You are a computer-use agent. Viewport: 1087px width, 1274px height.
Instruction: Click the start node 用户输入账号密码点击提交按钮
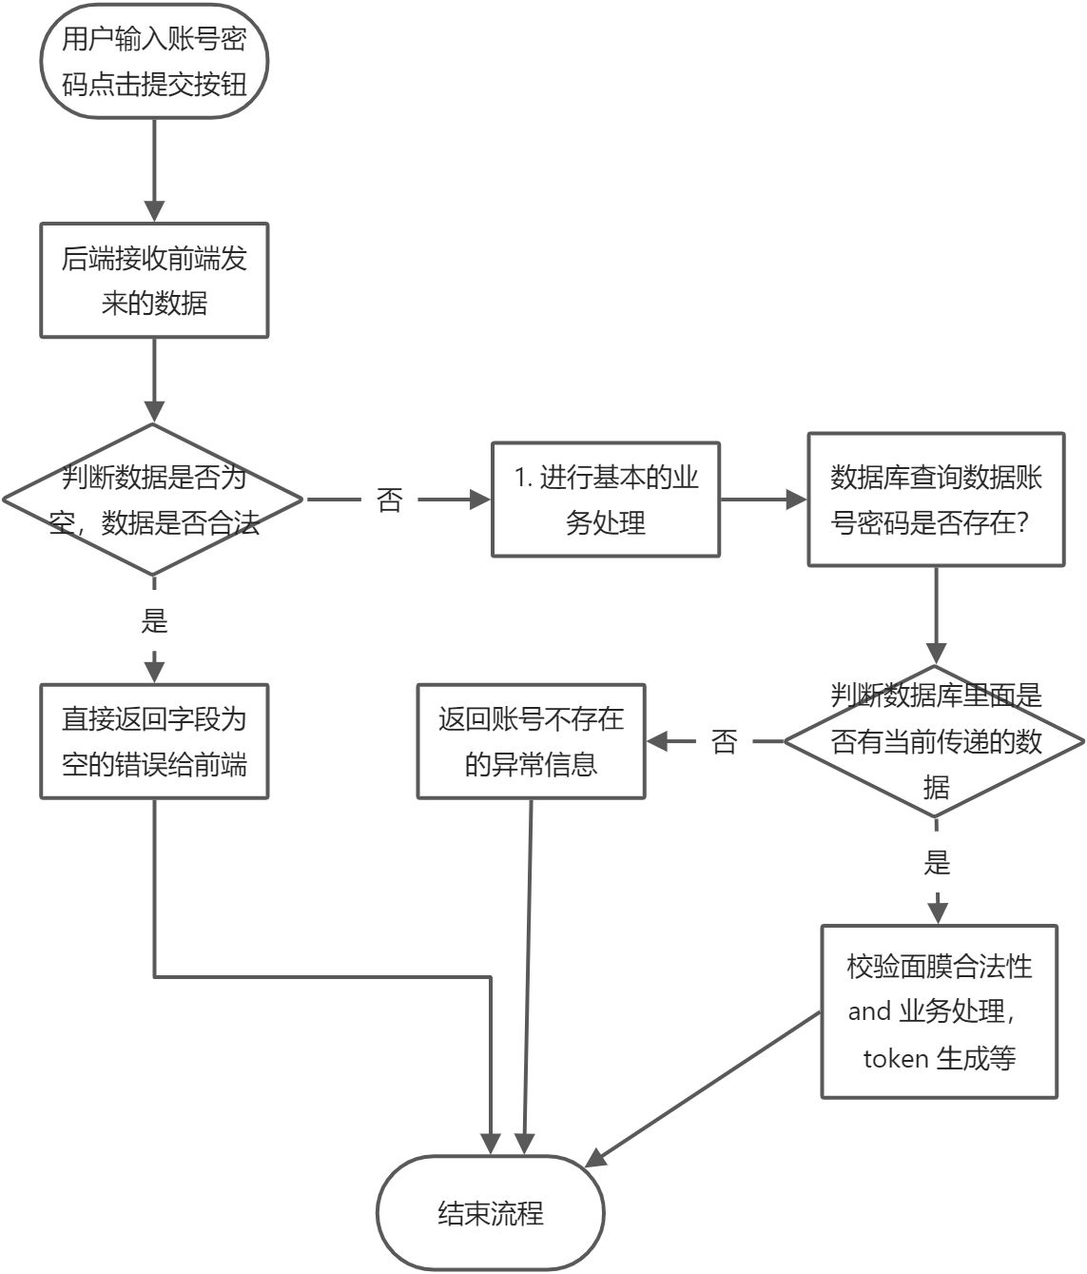(153, 62)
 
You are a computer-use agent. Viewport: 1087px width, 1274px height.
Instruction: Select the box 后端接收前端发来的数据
(153, 281)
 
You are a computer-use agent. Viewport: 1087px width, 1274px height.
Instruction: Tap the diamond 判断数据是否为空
(153, 500)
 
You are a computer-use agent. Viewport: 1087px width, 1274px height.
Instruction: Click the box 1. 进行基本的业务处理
(605, 500)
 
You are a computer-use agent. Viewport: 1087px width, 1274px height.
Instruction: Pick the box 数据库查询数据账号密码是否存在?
(936, 500)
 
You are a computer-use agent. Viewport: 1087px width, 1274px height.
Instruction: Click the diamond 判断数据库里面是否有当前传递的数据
(936, 741)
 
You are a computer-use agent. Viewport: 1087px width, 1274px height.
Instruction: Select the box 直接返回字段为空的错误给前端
(153, 741)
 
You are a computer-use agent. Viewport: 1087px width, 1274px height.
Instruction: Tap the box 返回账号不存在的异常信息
(531, 741)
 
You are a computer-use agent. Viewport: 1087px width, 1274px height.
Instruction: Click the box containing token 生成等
(939, 1011)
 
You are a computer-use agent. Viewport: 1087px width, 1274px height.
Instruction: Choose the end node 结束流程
(491, 1213)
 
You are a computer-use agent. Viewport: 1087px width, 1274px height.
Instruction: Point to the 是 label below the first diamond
(154, 621)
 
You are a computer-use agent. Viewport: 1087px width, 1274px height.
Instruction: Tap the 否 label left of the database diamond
(725, 742)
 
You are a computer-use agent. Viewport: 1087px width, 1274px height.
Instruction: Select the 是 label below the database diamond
(937, 863)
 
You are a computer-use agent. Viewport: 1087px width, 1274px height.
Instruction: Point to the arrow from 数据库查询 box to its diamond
(936, 614)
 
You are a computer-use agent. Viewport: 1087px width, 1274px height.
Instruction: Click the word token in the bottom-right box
(895, 1058)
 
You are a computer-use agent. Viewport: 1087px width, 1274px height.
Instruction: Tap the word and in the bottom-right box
(869, 1011)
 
